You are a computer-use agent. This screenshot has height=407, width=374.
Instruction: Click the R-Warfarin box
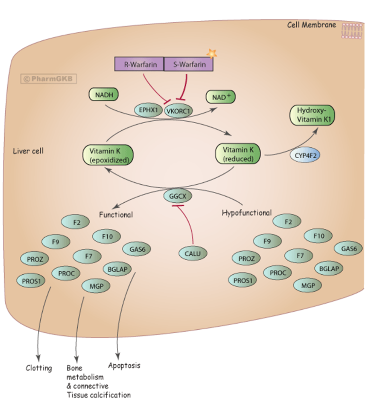tap(140, 64)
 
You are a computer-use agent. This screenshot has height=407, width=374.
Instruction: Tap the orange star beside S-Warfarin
tap(212, 54)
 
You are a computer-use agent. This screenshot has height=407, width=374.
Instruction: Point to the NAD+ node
tap(220, 98)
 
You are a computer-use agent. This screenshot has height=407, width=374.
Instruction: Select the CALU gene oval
tap(193, 253)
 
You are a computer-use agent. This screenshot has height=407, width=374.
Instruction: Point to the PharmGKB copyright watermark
tap(49, 79)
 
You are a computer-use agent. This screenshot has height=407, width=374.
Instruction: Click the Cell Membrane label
tap(311, 25)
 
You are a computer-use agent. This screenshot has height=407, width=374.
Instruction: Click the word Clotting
tap(39, 368)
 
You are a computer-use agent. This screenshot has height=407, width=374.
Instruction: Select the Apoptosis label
tap(124, 366)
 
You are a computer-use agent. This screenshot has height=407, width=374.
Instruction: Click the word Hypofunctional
tap(246, 213)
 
